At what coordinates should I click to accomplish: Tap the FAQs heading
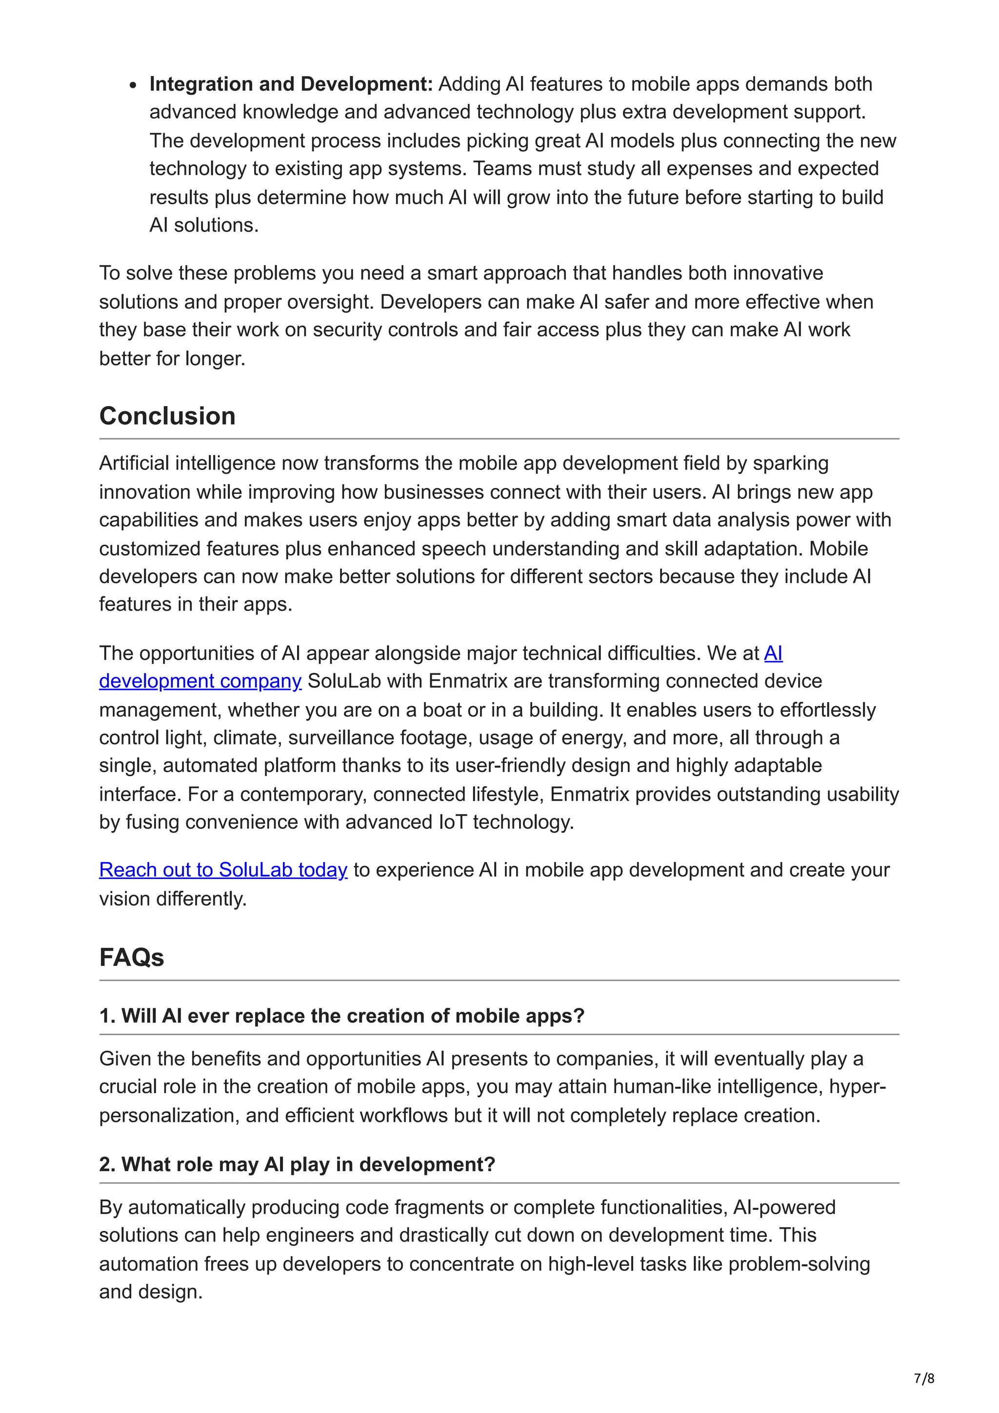pyautogui.click(x=131, y=958)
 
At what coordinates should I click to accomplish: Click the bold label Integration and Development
pyautogui.click(x=291, y=84)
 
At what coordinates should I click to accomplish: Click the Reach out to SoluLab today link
pyautogui.click(x=223, y=870)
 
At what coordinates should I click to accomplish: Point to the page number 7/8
pyautogui.click(x=924, y=1378)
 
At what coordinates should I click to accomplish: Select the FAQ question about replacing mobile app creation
pyautogui.click(x=341, y=1016)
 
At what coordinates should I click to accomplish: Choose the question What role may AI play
pyautogui.click(x=297, y=1164)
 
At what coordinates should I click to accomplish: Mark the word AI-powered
pyautogui.click(x=783, y=1207)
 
